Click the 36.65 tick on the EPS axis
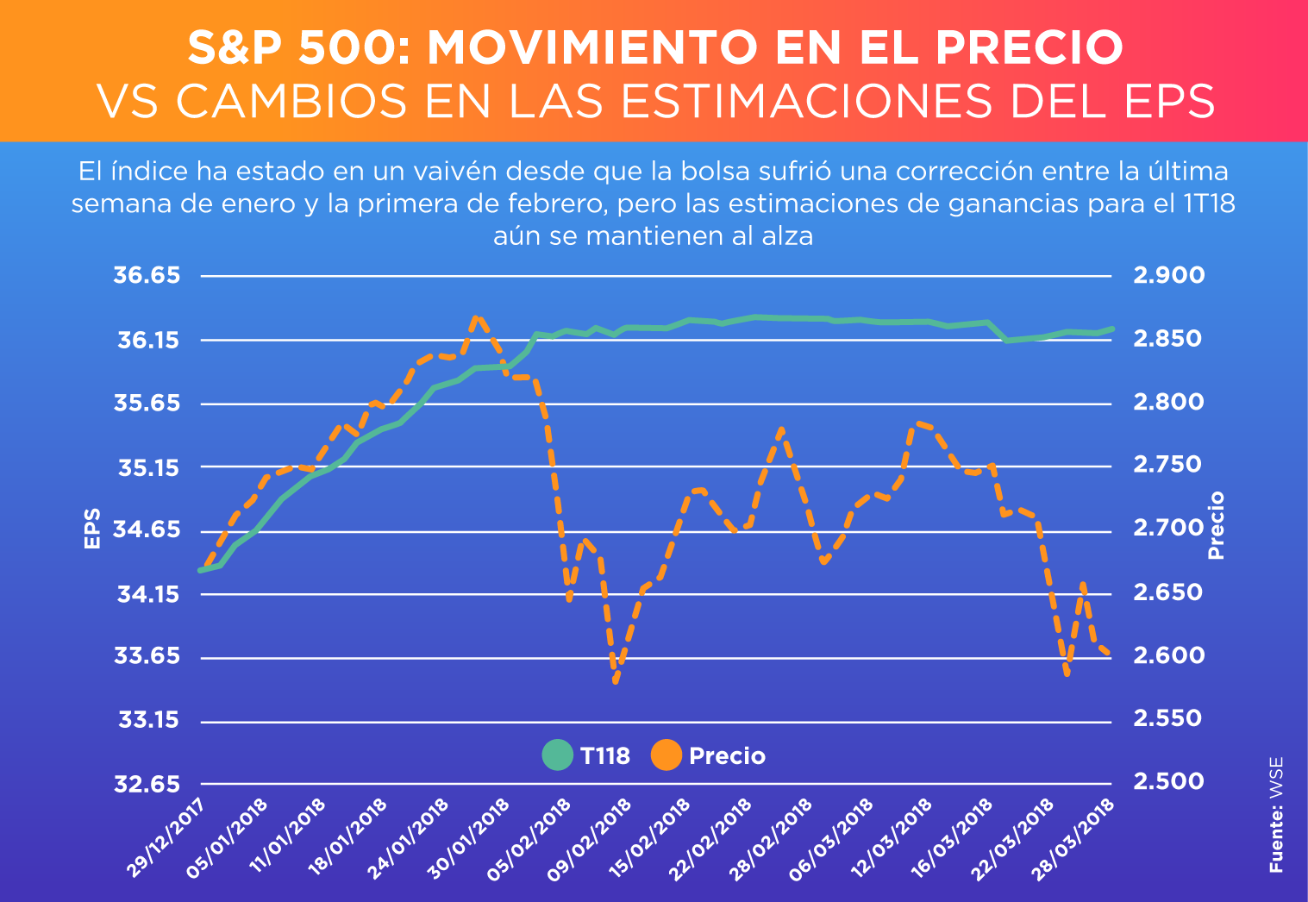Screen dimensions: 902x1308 pyautogui.click(x=147, y=276)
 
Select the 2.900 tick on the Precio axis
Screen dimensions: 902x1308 pyautogui.click(x=1168, y=276)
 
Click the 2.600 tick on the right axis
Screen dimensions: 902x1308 pyautogui.click(x=1168, y=656)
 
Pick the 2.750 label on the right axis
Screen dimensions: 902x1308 pyautogui.click(x=1168, y=466)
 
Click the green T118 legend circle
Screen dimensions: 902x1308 pyautogui.click(x=558, y=755)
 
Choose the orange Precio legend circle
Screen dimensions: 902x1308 pyautogui.click(x=666, y=755)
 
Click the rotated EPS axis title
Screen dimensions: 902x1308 pyautogui.click(x=92, y=529)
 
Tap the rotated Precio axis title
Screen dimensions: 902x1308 pyautogui.click(x=1216, y=525)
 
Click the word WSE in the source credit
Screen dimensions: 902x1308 pyautogui.click(x=1276, y=779)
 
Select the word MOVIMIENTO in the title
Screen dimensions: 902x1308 pyautogui.click(x=596, y=48)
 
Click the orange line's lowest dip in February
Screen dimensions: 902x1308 pyautogui.click(x=616, y=682)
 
